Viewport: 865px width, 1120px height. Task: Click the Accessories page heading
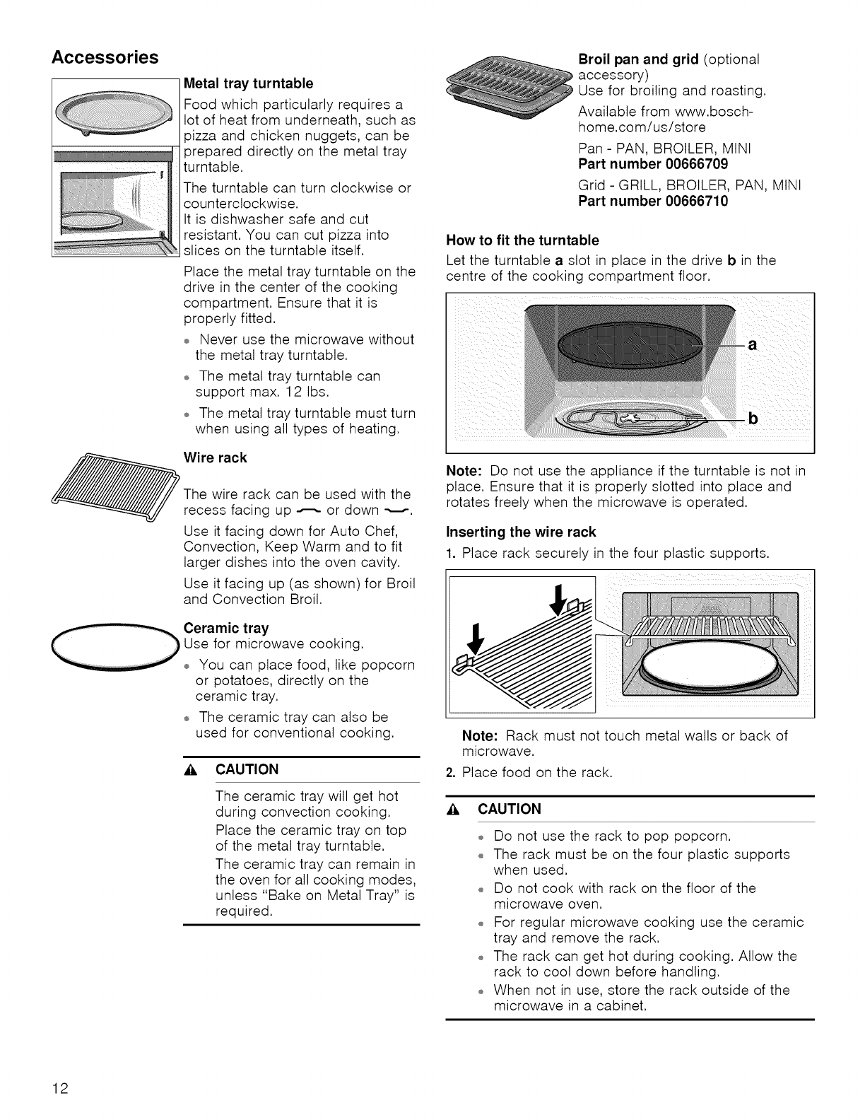tap(105, 57)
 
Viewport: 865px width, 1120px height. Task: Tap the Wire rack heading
tap(215, 457)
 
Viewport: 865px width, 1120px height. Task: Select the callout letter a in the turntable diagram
tap(753, 345)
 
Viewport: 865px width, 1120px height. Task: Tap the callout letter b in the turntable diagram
tap(753, 420)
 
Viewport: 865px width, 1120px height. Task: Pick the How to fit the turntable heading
tap(522, 240)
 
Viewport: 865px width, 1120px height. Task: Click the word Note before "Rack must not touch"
tap(481, 736)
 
